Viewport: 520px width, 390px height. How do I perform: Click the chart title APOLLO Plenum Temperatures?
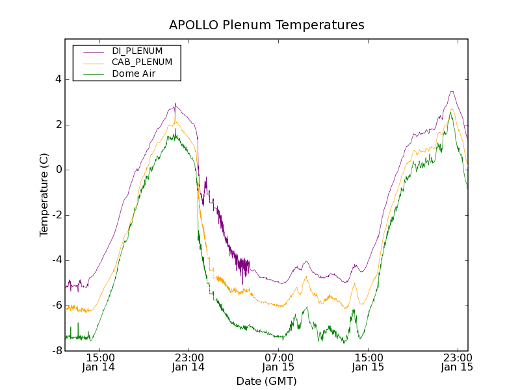[x=266, y=25]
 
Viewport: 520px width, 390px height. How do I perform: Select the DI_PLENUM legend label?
[x=137, y=51]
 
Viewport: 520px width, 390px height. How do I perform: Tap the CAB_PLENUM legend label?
[x=142, y=62]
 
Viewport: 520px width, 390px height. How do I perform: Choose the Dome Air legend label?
[x=133, y=73]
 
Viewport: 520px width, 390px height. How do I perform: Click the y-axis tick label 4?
[x=58, y=79]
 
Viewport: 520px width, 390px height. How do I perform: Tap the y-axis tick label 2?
[x=58, y=125]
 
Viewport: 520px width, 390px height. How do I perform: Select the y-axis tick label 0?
[x=58, y=170]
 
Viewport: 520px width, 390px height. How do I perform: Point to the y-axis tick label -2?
[x=57, y=215]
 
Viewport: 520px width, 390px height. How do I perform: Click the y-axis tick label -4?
[x=57, y=260]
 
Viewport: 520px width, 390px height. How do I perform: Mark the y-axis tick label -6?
[x=57, y=305]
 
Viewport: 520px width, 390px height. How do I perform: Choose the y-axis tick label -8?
[x=57, y=350]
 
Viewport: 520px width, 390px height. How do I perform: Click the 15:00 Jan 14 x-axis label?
[x=100, y=362]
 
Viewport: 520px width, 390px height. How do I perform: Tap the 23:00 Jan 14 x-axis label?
[x=188, y=362]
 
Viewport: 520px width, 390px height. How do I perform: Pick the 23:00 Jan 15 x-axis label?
[x=456, y=362]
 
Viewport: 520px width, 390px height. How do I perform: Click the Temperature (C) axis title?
[x=44, y=195]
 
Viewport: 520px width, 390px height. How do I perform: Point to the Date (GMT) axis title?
[x=266, y=381]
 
